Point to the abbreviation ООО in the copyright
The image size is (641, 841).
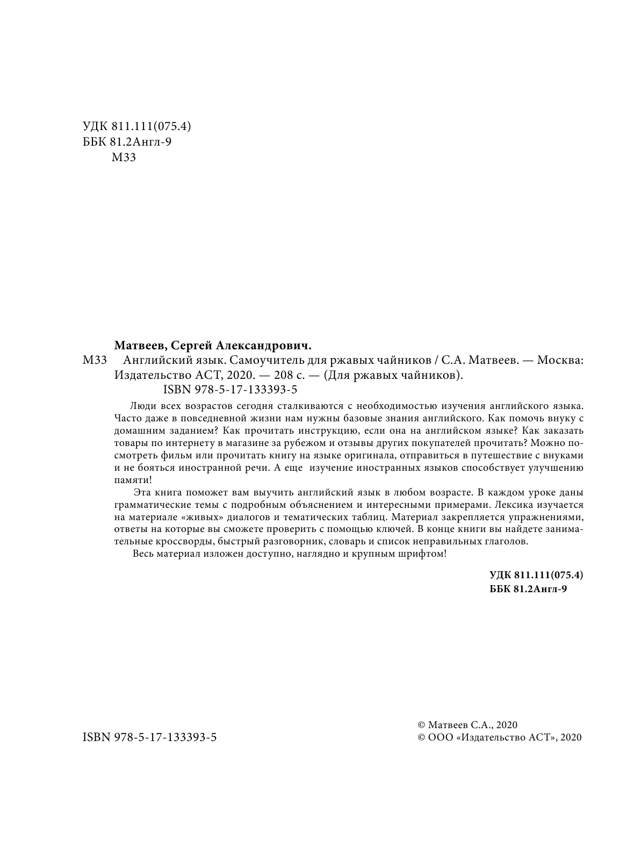[x=441, y=738]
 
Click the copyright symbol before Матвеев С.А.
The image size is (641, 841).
[x=422, y=725]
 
